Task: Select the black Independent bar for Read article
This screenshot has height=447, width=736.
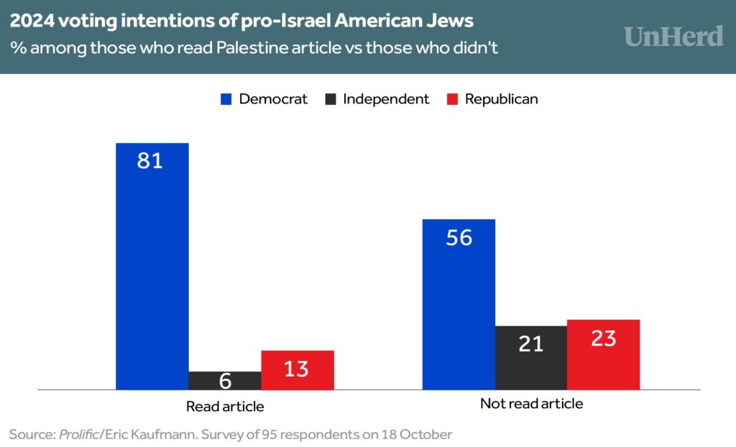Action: coord(225,381)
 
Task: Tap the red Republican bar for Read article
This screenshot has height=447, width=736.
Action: coord(298,370)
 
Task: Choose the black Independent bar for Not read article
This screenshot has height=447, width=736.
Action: coord(530,358)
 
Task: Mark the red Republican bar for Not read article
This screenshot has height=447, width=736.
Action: coord(603,355)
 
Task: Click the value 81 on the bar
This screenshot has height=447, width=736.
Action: coord(150,160)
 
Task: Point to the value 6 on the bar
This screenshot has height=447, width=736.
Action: coord(225,382)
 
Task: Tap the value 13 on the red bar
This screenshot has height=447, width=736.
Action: coord(296,369)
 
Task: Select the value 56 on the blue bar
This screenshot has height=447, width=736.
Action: coord(459,238)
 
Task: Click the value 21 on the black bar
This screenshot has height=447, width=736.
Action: coord(531,344)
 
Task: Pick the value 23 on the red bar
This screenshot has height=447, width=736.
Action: coord(604,338)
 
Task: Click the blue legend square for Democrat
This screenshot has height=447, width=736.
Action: coord(226,99)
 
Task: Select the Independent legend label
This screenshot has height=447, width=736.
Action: coord(386,99)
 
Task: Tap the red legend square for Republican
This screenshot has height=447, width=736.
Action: coord(453,99)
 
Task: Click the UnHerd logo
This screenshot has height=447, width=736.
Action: coord(673,36)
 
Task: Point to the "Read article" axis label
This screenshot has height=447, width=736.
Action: coord(225,406)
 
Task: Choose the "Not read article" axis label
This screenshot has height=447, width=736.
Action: coord(531,404)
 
